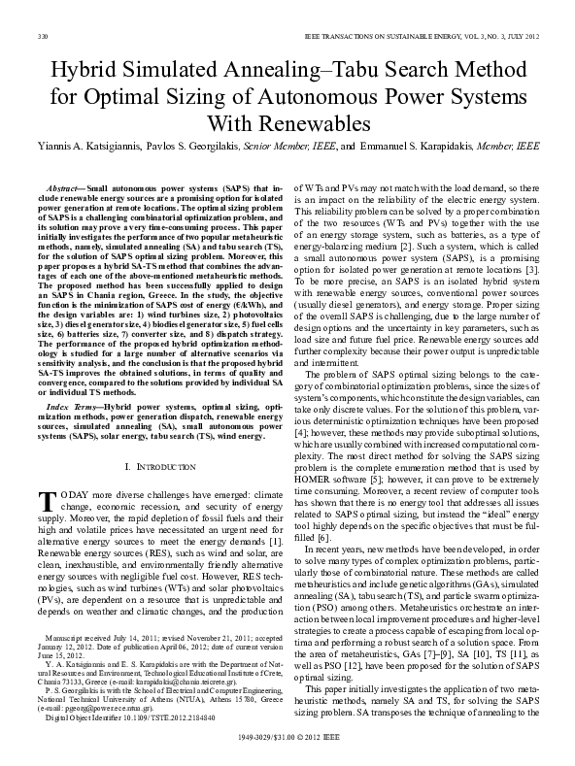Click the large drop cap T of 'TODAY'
point(47,500)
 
